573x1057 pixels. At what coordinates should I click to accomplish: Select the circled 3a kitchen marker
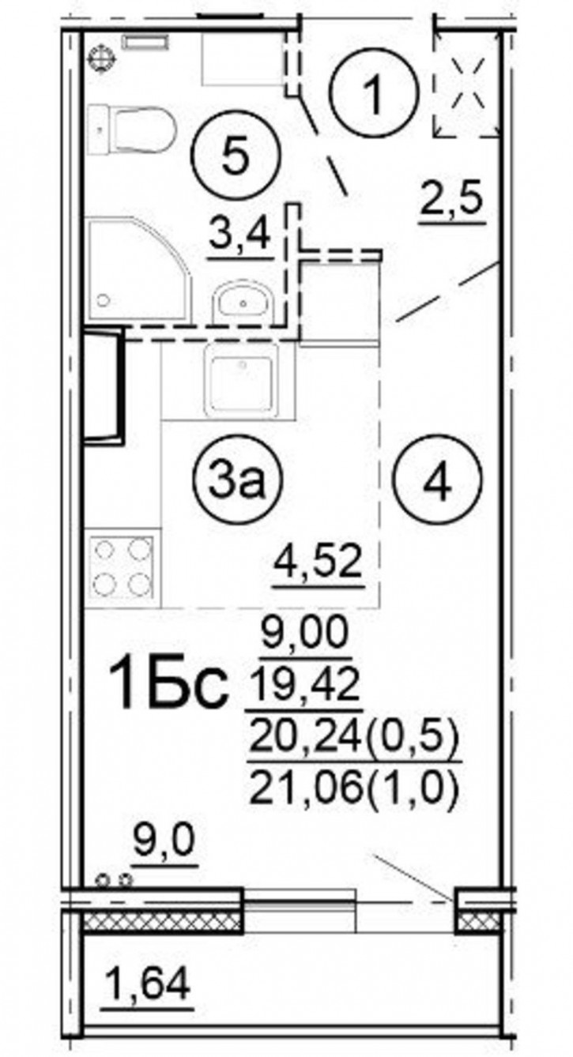click(x=236, y=481)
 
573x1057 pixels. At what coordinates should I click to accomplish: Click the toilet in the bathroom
click(x=133, y=129)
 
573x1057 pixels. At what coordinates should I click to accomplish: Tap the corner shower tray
click(x=138, y=269)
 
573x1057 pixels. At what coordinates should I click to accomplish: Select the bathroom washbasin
click(x=243, y=302)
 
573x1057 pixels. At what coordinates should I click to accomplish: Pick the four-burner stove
click(x=121, y=568)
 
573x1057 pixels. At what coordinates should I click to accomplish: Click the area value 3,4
click(x=239, y=238)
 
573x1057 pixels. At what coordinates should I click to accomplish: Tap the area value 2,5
click(x=452, y=204)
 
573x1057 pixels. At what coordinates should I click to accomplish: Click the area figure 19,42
click(x=304, y=685)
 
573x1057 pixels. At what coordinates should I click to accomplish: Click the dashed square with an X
click(x=466, y=83)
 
